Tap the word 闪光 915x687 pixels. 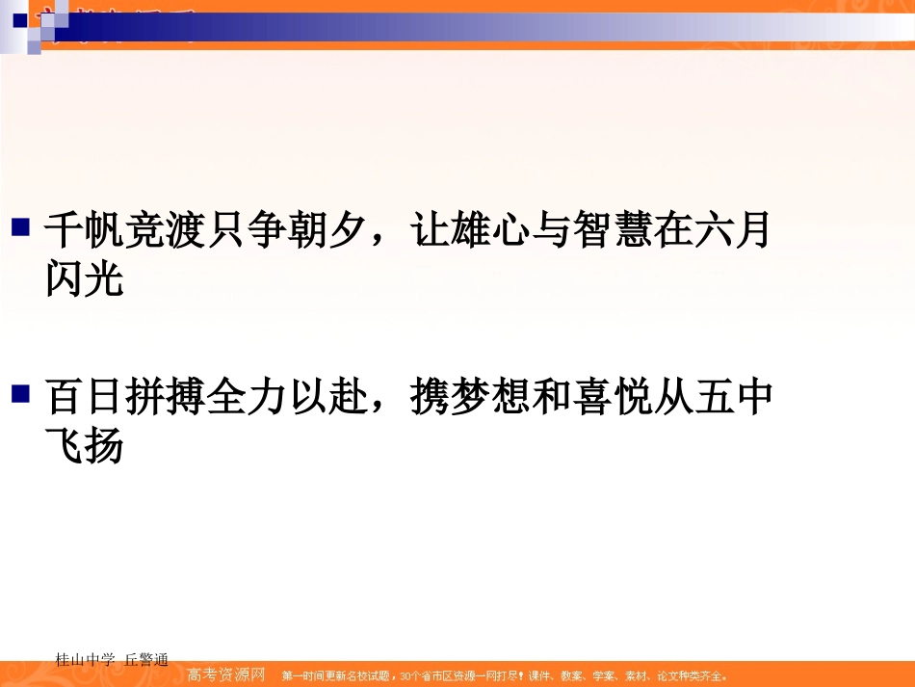pos(85,279)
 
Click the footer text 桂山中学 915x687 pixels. pos(86,660)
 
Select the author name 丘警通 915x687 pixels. pos(146,660)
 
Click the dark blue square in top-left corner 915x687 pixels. pos(18,18)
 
